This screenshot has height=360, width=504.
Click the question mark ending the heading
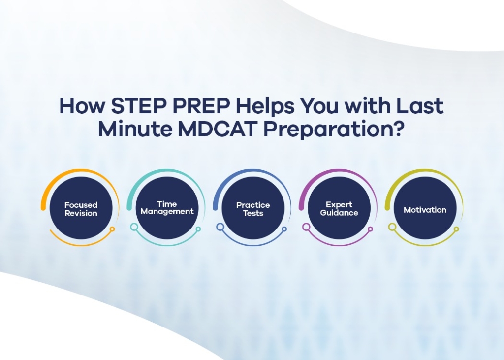(x=399, y=129)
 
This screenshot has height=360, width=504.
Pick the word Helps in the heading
(x=265, y=106)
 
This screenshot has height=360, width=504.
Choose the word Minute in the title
(x=135, y=129)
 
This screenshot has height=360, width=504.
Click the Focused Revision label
(x=81, y=209)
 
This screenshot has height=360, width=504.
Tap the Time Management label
(x=167, y=208)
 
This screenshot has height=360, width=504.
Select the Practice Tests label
(x=253, y=209)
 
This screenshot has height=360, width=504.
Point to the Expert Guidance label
(x=339, y=209)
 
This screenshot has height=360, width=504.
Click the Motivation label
(x=425, y=210)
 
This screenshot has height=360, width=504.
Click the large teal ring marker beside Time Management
(x=134, y=227)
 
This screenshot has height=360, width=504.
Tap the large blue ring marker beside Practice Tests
(x=220, y=227)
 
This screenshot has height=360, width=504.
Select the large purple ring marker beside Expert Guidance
(x=306, y=227)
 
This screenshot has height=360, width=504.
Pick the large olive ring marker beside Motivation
(x=392, y=227)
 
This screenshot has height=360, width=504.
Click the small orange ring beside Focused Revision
(x=112, y=229)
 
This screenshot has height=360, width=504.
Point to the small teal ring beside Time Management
(x=198, y=229)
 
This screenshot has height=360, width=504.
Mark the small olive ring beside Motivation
(x=456, y=229)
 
